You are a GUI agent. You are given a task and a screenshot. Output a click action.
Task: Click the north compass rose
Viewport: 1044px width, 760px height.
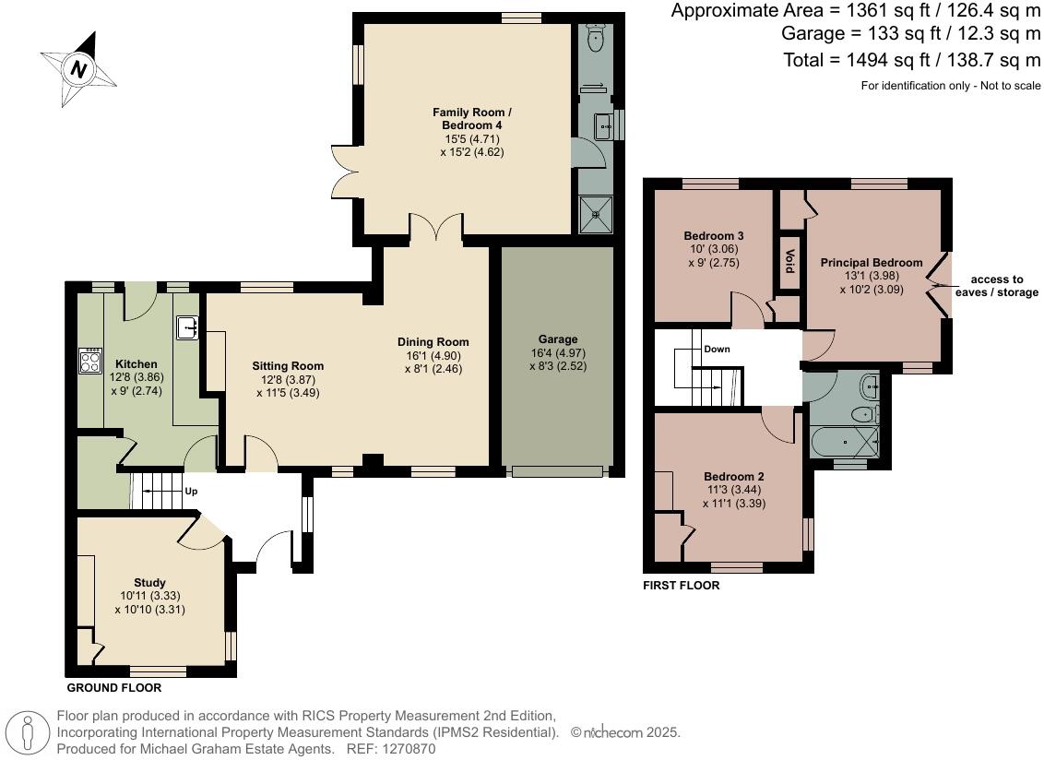coord(78,68)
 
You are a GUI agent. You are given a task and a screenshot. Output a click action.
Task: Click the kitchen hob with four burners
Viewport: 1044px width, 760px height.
coord(90,360)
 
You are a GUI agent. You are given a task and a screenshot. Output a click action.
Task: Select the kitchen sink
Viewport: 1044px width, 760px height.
coord(188,327)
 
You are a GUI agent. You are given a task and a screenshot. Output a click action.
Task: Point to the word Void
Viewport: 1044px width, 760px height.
coord(789,255)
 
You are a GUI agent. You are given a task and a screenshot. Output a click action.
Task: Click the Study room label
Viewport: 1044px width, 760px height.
coord(149,582)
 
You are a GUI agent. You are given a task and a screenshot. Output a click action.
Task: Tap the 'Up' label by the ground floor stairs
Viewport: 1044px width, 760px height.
coord(192,492)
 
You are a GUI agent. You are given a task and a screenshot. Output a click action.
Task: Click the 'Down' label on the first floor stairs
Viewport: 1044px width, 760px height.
coord(717,350)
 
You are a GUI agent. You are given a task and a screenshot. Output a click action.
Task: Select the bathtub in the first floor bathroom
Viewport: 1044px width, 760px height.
coord(845,443)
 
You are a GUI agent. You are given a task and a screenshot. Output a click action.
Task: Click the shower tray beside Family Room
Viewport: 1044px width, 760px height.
coord(596,214)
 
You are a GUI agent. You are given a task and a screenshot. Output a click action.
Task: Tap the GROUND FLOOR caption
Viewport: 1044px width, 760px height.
coord(114,688)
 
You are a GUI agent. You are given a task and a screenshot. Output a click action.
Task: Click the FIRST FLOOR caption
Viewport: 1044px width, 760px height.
coord(681,586)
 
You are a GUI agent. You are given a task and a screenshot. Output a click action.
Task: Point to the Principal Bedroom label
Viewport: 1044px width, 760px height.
coord(871,263)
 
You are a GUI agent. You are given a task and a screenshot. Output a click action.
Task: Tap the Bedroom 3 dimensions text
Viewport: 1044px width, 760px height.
coord(713,255)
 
